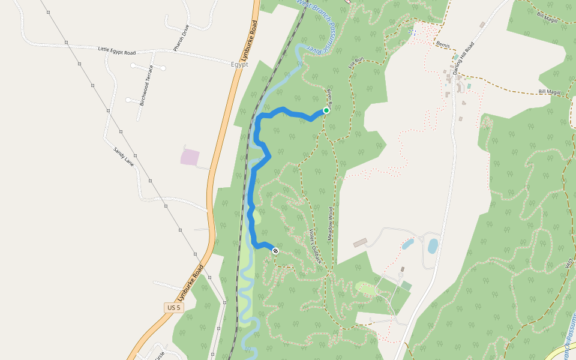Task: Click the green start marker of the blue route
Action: coord(326,110)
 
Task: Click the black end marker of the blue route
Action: coord(275,251)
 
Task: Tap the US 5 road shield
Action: coord(173,308)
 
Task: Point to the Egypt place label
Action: coord(239,64)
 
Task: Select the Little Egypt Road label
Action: coord(118,52)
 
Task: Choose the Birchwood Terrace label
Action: coord(147,85)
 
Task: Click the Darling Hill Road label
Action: coord(463,58)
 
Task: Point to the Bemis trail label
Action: coord(443,45)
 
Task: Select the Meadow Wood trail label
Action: coord(330,224)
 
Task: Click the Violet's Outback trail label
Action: coord(316,246)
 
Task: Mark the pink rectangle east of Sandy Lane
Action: coord(190,157)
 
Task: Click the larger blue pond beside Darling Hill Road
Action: coord(433,246)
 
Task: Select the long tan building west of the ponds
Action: coord(360,242)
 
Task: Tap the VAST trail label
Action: coord(569,263)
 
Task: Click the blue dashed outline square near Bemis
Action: coord(412,31)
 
